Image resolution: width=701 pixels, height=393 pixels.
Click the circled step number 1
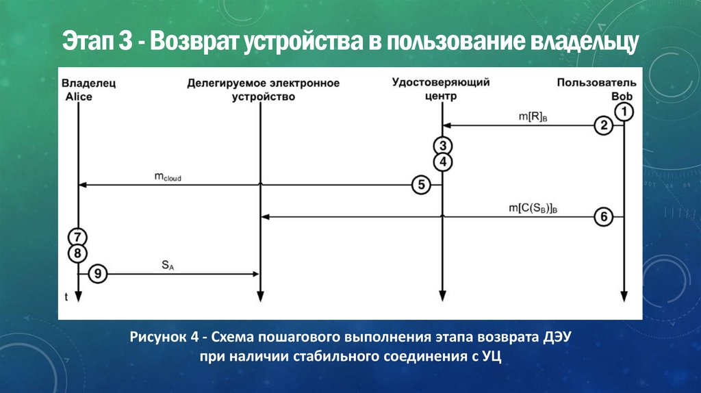click(624, 110)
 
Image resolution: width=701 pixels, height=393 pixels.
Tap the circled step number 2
click(603, 126)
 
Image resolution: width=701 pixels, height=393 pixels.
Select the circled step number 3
click(442, 146)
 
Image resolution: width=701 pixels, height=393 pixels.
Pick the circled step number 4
click(442, 162)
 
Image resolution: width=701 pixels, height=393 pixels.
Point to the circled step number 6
click(603, 217)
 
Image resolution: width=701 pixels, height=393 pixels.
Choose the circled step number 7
click(77, 237)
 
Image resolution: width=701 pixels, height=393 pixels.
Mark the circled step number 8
click(77, 253)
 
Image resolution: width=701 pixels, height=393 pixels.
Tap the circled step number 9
click(99, 275)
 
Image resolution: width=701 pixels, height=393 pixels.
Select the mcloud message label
click(168, 177)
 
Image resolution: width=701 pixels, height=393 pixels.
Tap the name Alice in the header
click(78, 97)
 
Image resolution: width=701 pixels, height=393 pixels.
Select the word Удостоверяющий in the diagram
click(441, 83)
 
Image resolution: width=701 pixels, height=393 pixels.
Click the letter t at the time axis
click(66, 296)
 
